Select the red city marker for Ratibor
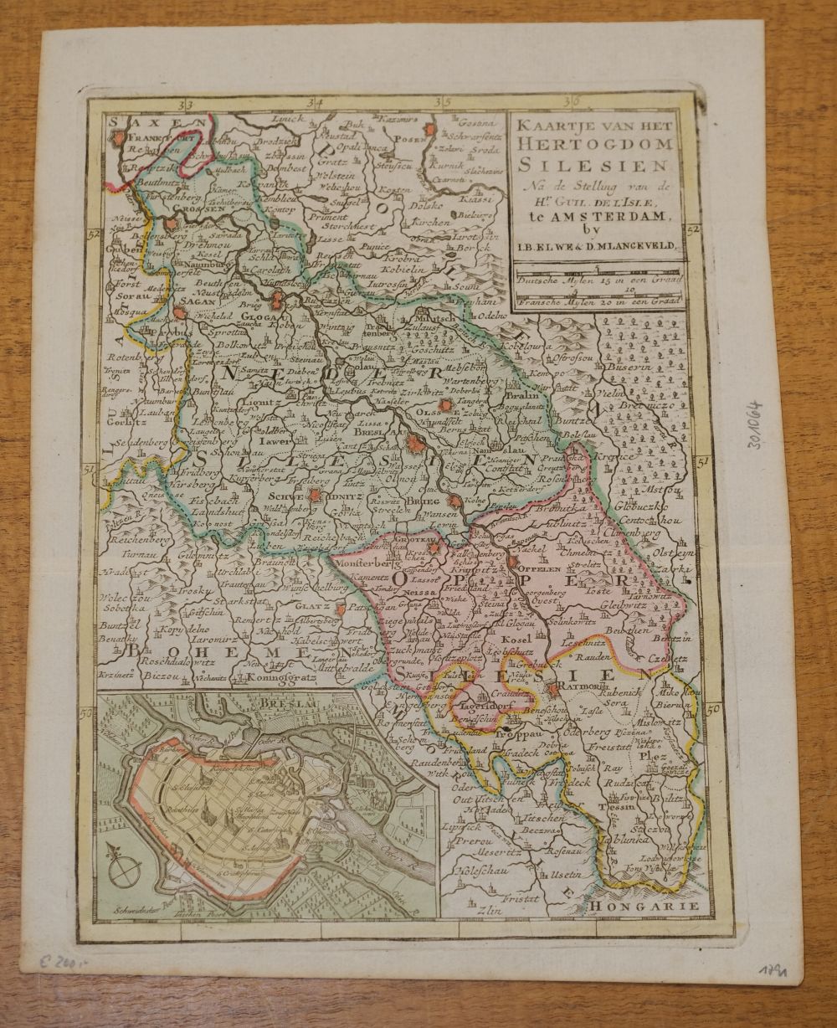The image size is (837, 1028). [553, 690]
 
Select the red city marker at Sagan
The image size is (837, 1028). [178, 313]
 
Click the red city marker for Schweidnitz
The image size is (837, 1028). [314, 495]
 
